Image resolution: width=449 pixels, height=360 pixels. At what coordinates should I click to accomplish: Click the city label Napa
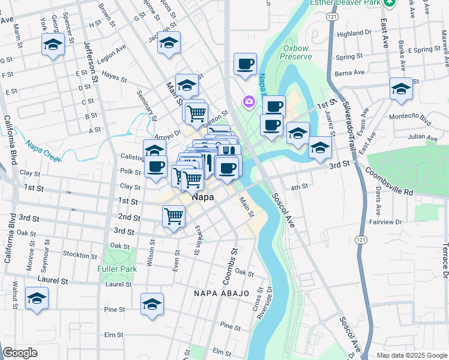(x=203, y=196)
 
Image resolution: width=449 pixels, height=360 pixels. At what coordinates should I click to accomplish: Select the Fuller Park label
(x=117, y=269)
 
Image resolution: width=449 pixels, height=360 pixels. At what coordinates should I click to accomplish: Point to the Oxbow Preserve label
(x=296, y=56)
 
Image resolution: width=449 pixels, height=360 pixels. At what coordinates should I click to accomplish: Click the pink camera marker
(x=249, y=103)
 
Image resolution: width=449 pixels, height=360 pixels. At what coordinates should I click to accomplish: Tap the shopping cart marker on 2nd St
(x=173, y=215)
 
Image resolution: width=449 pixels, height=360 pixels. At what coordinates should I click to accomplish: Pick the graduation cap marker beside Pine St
(x=152, y=304)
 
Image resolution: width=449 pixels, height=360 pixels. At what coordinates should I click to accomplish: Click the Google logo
(x=20, y=353)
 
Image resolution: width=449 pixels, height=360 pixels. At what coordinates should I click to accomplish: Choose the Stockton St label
(x=76, y=254)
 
